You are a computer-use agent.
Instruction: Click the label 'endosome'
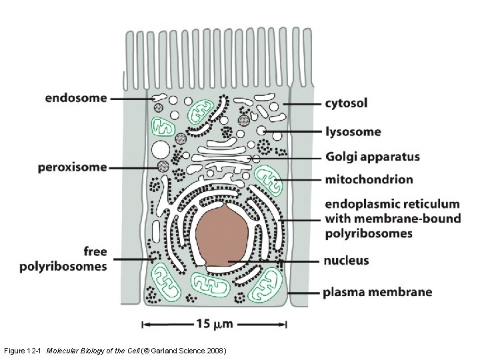(75, 98)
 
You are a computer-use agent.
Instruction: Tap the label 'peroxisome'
(72, 167)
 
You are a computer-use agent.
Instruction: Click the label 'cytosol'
(346, 103)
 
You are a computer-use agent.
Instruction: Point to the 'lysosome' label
(353, 131)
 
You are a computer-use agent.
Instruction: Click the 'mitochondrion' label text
(369, 179)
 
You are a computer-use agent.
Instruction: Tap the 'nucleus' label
(347, 260)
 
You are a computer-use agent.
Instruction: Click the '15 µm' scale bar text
(215, 325)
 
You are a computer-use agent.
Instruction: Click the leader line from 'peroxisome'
(133, 167)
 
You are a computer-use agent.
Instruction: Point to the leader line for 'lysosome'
(293, 132)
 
